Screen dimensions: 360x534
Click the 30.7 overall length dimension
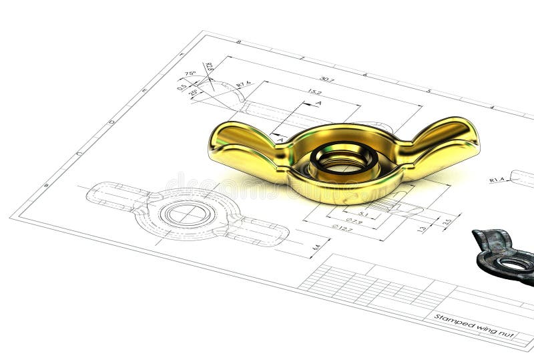(326, 79)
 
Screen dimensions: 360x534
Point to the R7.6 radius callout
(244, 84)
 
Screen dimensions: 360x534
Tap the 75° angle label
(190, 73)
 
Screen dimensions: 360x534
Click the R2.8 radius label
(209, 67)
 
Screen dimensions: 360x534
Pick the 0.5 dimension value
(182, 86)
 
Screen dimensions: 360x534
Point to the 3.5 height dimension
(447, 221)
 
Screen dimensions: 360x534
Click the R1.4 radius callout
(497, 180)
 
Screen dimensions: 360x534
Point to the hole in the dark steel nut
(515, 263)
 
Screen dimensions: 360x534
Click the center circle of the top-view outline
(188, 214)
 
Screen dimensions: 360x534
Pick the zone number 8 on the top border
(238, 41)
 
